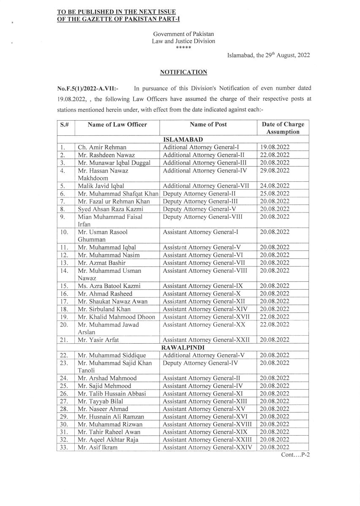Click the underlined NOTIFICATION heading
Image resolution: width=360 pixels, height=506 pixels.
tap(184, 72)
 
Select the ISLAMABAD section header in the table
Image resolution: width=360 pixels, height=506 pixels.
tap(183, 139)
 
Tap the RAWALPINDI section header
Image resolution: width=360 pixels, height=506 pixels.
tap(183, 347)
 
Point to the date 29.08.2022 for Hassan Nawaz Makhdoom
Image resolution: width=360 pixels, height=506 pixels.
tap(275, 170)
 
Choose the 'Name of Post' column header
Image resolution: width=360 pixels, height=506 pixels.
tap(208, 124)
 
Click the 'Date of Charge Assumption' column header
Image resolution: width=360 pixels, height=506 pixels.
tap(282, 128)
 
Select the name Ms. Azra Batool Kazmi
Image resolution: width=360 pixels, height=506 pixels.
tap(109, 286)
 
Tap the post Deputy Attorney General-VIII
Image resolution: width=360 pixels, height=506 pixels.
tap(202, 217)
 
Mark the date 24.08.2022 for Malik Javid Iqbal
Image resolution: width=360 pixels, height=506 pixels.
tap(275, 186)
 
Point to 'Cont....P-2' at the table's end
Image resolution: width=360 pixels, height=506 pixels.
tap(295, 456)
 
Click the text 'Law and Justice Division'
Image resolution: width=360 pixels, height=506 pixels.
tap(184, 41)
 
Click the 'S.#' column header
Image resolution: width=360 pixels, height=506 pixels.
tap(65, 124)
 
